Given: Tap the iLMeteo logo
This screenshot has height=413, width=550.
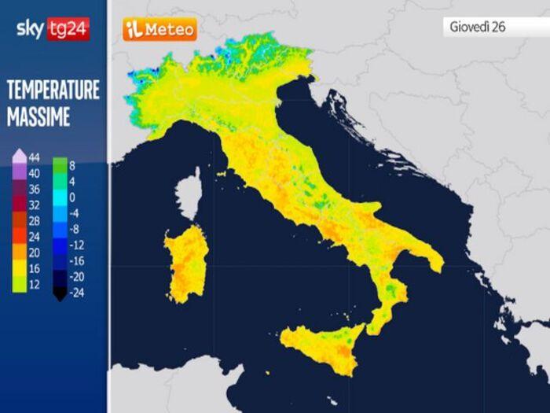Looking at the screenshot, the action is click(159, 30).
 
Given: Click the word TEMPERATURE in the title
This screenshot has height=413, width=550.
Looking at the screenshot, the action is click(53, 90).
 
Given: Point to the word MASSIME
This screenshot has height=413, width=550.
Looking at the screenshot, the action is click(38, 117).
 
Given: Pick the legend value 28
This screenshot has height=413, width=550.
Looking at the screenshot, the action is click(34, 221).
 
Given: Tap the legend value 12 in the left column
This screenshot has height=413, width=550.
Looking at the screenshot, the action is click(34, 285).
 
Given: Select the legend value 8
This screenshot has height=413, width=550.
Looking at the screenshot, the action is click(71, 165).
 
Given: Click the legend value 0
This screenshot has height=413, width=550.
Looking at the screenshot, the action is click(71, 197).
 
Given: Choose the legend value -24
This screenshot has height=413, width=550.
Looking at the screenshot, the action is click(76, 293).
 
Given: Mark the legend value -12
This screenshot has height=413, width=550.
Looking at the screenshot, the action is click(76, 245).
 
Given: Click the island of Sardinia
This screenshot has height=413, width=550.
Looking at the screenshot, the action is click(186, 264).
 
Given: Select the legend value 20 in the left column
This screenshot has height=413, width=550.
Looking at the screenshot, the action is click(34, 253).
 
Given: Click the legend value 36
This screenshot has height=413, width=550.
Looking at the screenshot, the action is click(34, 189).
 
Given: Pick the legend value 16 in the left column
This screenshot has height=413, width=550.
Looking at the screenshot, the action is click(34, 269).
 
